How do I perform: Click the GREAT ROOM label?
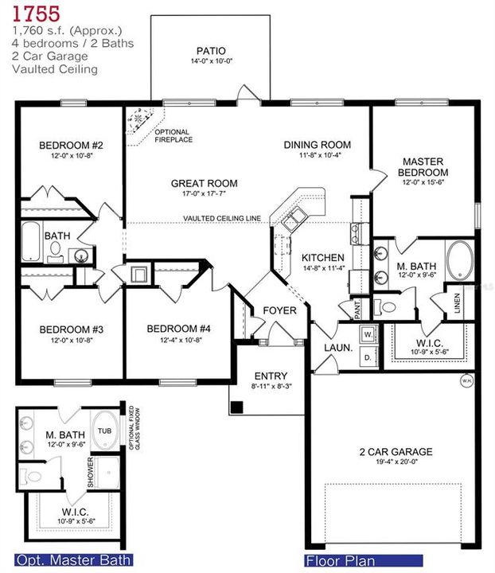click(204, 184)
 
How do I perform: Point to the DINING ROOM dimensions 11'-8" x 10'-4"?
click(318, 156)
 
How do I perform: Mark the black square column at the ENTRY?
click(236, 408)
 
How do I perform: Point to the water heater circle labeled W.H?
click(466, 380)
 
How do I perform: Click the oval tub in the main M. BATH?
click(459, 260)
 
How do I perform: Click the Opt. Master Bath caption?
click(74, 559)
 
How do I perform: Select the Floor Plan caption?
click(341, 560)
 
